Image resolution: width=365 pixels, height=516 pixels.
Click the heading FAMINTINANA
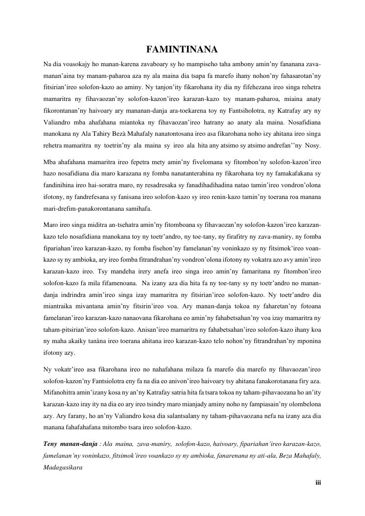(182, 49)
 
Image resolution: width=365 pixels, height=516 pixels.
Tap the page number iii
(318, 483)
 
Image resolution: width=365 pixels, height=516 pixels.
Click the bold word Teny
(50, 443)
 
